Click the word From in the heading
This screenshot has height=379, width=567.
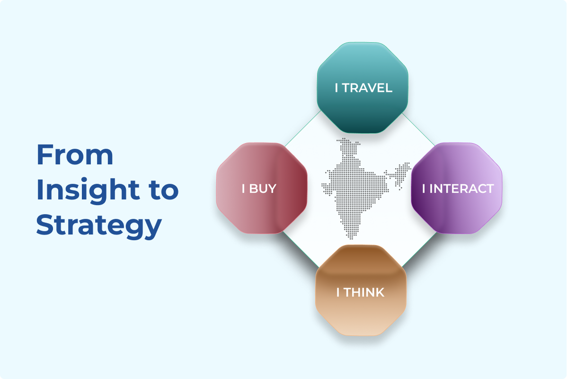coord(75,155)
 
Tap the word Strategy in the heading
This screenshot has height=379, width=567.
coord(99,226)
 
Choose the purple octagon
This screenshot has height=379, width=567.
coord(457,208)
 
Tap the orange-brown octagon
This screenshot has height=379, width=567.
coord(361,313)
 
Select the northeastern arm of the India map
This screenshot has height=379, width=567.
coord(402,171)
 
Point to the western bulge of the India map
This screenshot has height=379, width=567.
coord(326,185)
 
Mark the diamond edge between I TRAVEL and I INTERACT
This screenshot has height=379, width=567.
coord(419,128)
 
